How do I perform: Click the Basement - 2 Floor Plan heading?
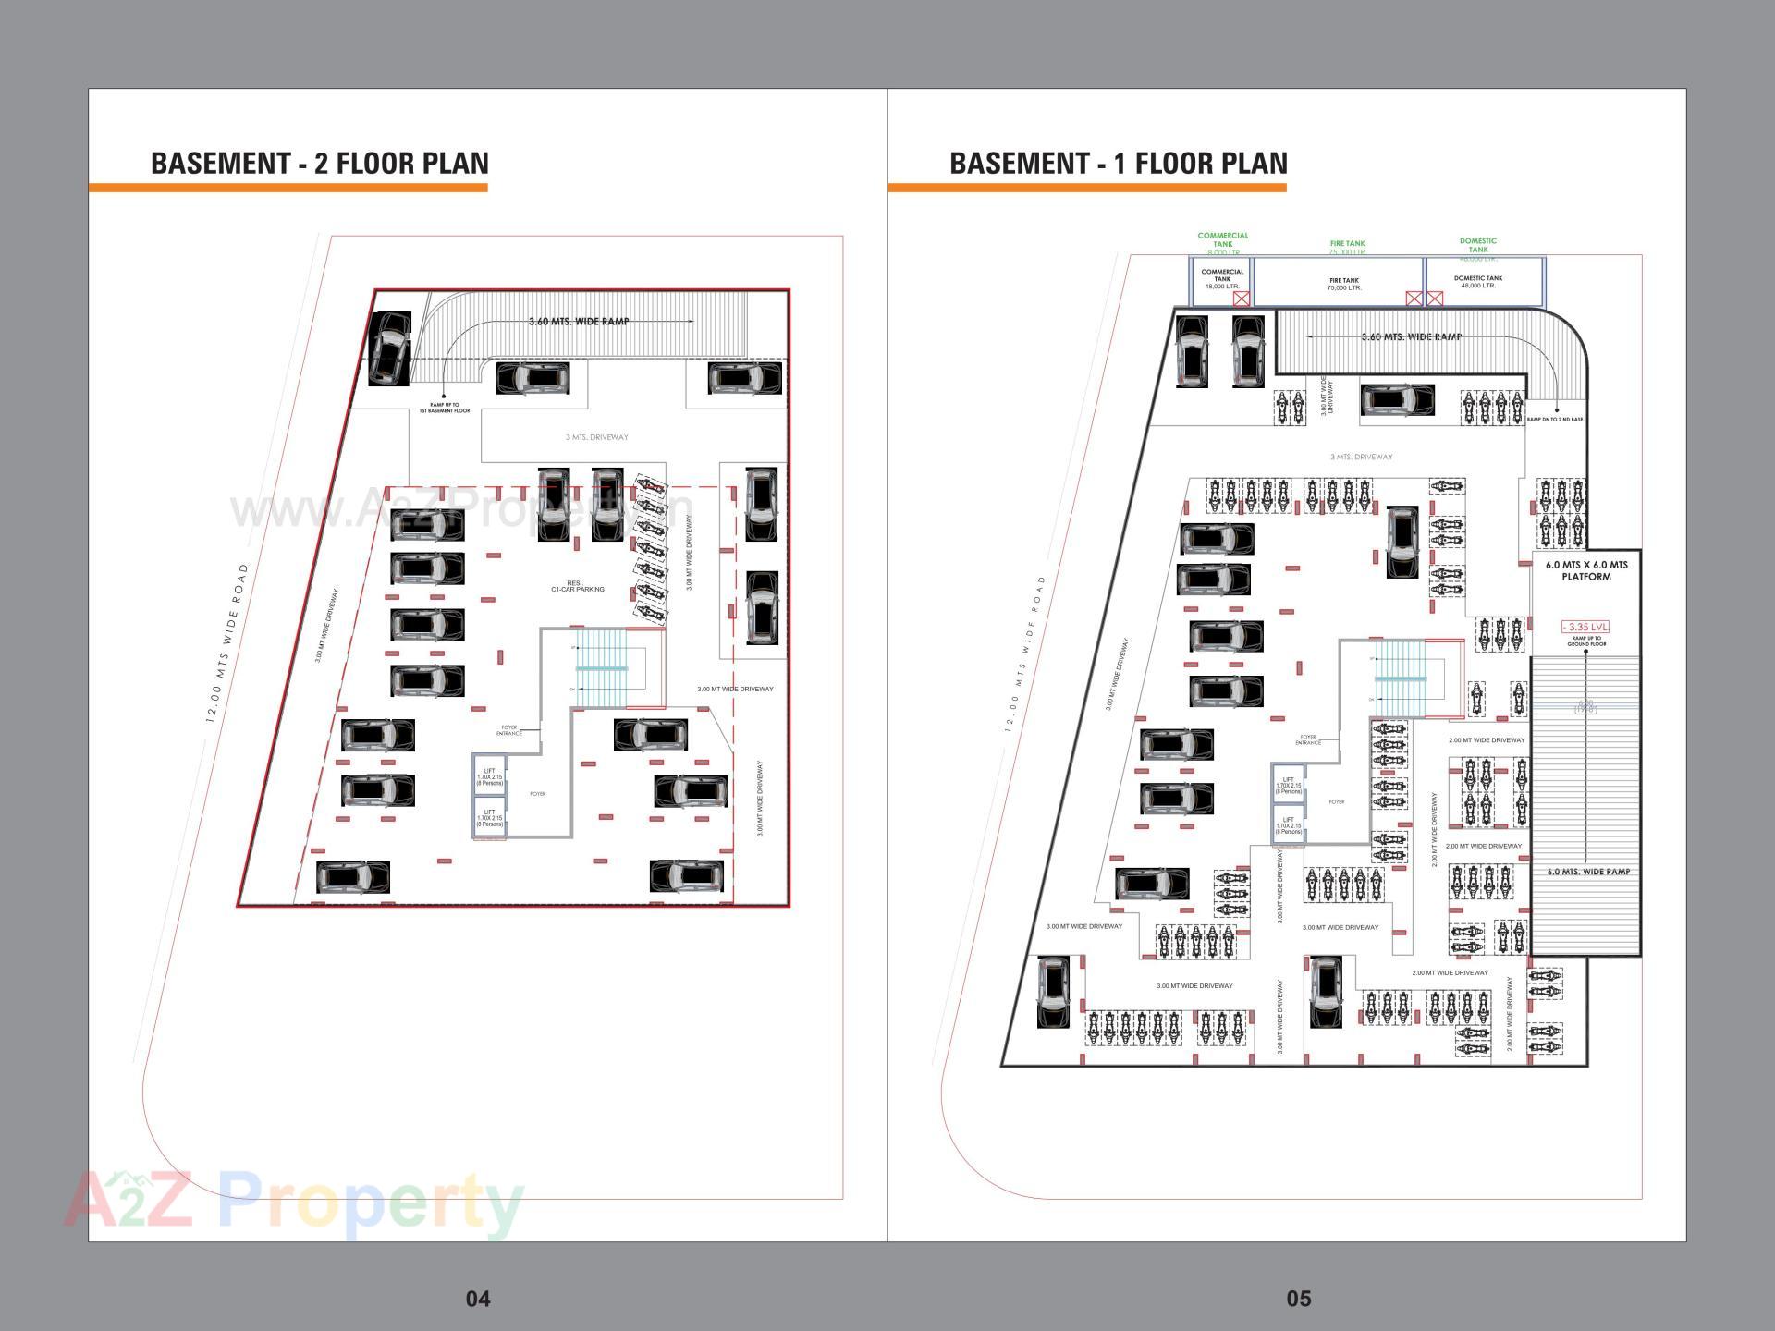pos(319,163)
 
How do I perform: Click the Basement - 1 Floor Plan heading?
pos(1118,163)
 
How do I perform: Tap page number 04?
pos(477,1298)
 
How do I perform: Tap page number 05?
pos(1298,1298)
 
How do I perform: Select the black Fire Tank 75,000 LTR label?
pos(1343,284)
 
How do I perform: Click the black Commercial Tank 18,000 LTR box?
pos(1221,280)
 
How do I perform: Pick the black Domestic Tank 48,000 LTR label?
pos(1477,281)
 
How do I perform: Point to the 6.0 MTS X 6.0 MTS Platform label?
pos(1586,570)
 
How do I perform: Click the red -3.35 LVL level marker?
pos(1585,627)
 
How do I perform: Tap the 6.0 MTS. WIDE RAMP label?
pos(1588,872)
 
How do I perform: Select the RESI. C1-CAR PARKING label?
pos(577,586)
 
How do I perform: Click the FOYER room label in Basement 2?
pos(537,794)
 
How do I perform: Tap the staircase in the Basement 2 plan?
pos(601,666)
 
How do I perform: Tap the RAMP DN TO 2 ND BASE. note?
pos(1555,420)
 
